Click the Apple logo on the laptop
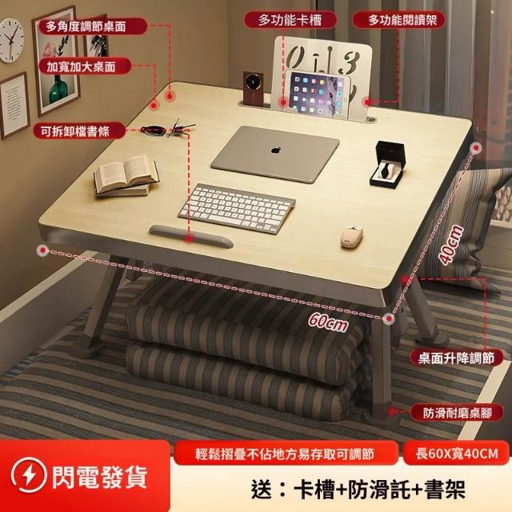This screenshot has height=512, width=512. pyautogui.click(x=276, y=150)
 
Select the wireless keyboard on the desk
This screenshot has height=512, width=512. pyautogui.click(x=237, y=208)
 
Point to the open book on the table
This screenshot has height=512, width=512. pyautogui.click(x=126, y=176)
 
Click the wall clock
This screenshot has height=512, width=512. pyautogui.click(x=10, y=40)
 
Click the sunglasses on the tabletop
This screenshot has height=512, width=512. pyautogui.click(x=168, y=128)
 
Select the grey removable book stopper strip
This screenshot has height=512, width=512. pyautogui.click(x=191, y=236)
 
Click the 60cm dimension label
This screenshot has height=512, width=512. pyautogui.click(x=328, y=322)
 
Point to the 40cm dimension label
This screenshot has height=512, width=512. pyautogui.click(x=451, y=243)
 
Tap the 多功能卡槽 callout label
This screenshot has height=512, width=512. pyautogui.click(x=290, y=20)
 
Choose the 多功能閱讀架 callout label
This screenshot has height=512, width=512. pyautogui.click(x=398, y=20)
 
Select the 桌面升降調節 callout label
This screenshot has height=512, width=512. pyautogui.click(x=456, y=358)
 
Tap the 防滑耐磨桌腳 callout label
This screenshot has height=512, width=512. pyautogui.click(x=457, y=413)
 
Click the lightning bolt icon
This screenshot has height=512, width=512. pyautogui.click(x=29, y=475)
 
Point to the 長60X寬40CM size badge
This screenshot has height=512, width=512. pyautogui.click(x=457, y=454)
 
